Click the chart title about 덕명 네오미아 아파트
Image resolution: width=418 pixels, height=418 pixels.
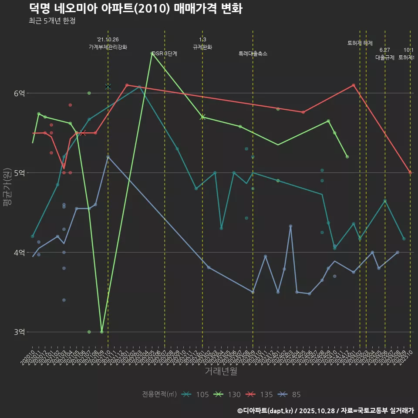point(136,8)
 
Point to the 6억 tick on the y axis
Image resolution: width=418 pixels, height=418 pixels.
point(19,93)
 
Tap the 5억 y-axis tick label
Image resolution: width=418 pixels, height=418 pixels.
point(19,173)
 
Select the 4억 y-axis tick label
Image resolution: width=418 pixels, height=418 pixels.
point(19,253)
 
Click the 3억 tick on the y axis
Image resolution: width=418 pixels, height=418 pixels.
point(19,332)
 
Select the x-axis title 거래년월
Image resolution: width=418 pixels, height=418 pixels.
point(221,371)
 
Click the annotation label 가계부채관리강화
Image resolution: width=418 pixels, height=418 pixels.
point(108,47)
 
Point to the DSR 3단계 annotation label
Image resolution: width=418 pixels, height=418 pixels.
point(165,54)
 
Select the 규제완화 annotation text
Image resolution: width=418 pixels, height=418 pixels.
point(202,47)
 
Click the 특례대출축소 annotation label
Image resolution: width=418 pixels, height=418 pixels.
point(253,54)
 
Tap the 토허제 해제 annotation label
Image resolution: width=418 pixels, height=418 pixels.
point(360,43)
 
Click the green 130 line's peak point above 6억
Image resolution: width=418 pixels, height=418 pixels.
point(152,53)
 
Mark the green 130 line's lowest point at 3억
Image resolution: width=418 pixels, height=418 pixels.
point(101,332)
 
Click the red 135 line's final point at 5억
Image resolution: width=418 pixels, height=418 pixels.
point(410,172)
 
